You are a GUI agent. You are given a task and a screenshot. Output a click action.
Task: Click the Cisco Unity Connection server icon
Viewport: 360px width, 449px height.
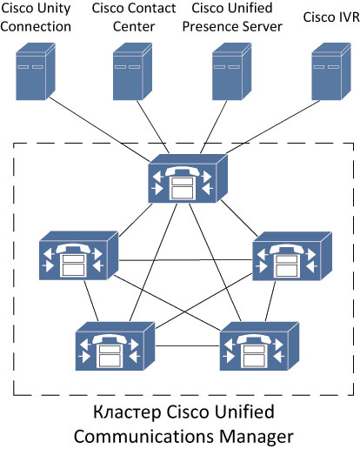[x=36, y=71]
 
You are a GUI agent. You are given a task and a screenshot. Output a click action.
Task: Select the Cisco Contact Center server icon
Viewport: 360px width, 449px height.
[x=132, y=71]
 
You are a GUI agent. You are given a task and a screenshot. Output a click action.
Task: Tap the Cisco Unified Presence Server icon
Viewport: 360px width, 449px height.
[x=232, y=71]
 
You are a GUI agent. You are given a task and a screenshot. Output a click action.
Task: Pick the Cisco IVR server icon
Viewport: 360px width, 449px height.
[x=331, y=71]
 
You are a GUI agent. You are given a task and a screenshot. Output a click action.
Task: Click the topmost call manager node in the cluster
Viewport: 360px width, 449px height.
[x=188, y=178]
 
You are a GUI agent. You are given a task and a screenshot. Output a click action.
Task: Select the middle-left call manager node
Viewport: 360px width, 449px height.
[x=78, y=256]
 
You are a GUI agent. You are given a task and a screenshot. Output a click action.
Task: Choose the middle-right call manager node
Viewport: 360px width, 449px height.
[x=292, y=256]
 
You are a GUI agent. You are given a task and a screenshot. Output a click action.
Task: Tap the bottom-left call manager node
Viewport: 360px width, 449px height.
[x=115, y=346]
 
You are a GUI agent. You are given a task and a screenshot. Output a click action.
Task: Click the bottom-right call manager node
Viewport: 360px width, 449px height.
[x=259, y=346]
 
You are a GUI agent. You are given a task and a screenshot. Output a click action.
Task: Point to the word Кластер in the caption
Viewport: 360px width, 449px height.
[x=127, y=412]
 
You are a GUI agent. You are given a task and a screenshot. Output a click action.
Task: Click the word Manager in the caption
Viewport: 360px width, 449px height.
[x=257, y=437]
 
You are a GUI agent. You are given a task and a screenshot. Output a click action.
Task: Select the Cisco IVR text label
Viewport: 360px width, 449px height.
[x=331, y=17]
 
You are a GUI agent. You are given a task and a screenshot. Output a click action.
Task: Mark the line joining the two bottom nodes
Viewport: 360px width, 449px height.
[x=188, y=345]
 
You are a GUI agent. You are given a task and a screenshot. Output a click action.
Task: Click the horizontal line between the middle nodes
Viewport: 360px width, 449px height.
[x=185, y=260]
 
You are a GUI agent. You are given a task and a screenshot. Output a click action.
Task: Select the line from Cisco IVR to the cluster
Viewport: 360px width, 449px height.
[x=273, y=127]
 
